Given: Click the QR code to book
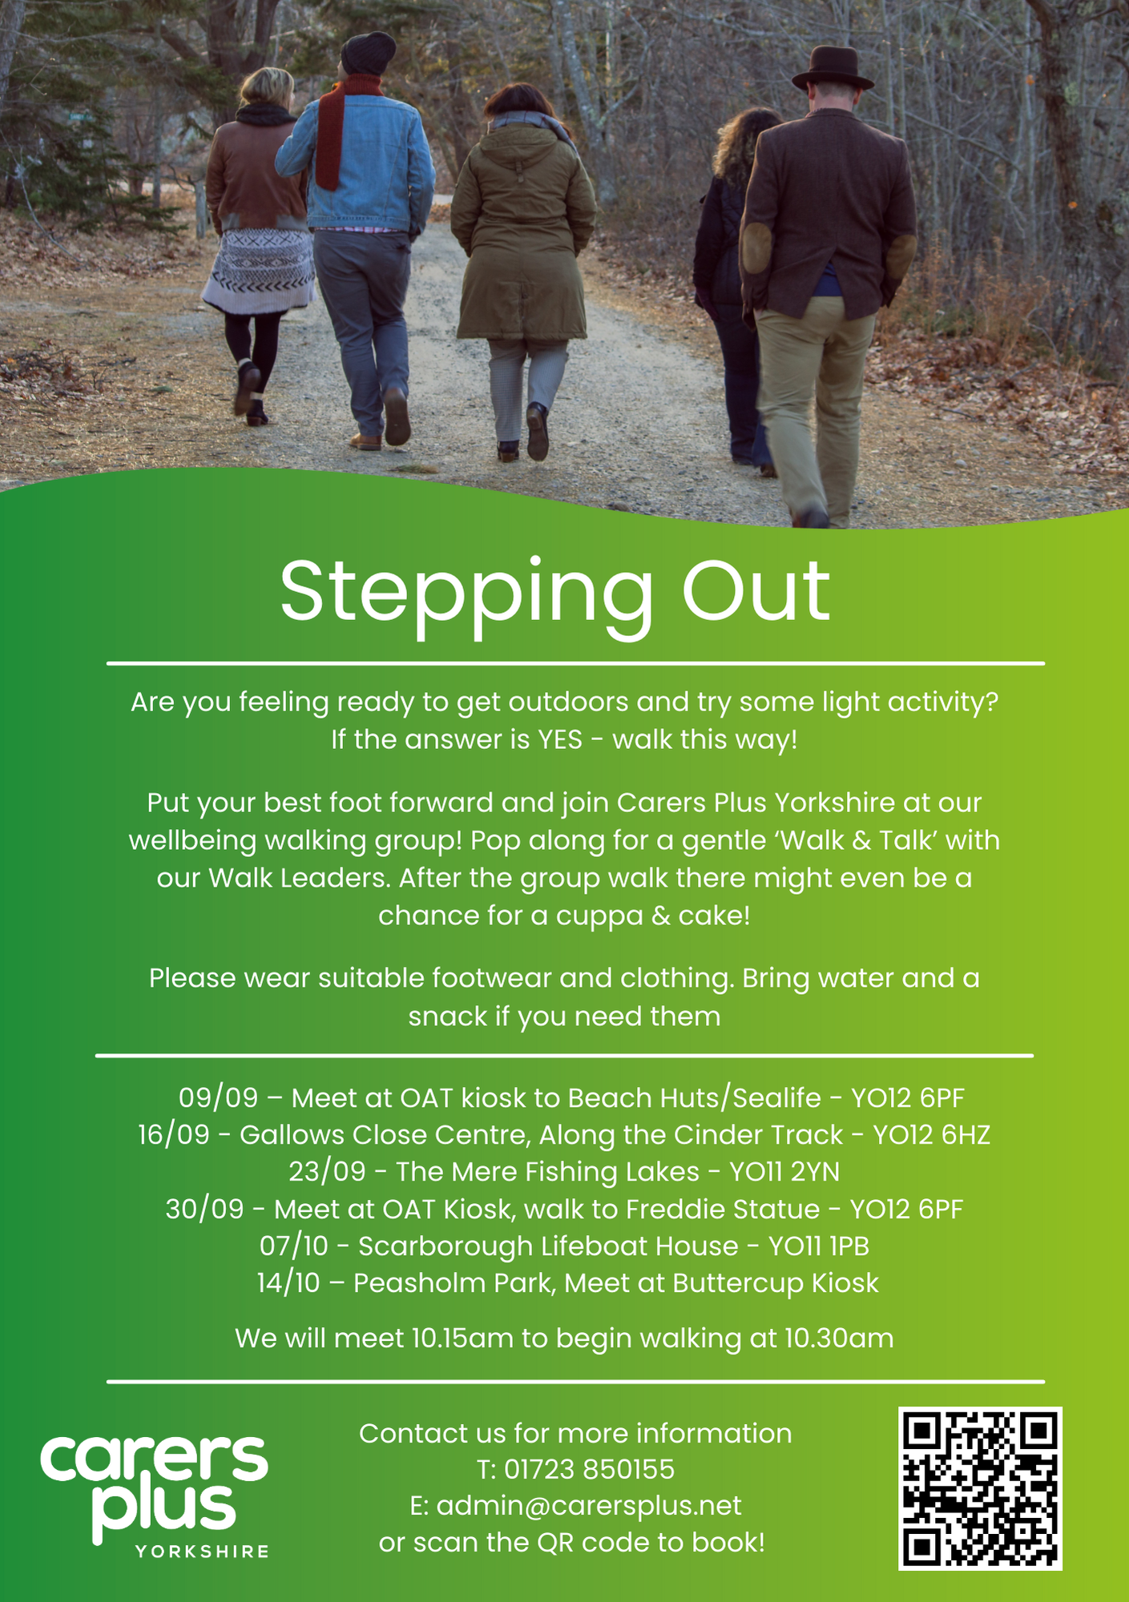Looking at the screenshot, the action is click(980, 1487).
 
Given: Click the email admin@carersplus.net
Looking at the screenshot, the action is click(589, 1506).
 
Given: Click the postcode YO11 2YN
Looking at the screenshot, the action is click(784, 1172).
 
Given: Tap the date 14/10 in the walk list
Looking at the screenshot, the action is click(288, 1283).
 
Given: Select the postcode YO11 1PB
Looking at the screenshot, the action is click(819, 1246).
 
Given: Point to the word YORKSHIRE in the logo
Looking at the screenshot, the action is click(202, 1552).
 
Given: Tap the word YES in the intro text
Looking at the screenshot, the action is click(559, 739).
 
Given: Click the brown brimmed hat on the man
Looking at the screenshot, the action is click(833, 69).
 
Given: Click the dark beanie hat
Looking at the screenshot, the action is click(368, 54).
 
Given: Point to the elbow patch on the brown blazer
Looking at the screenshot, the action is click(756, 248).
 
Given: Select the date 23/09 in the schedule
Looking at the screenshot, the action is click(327, 1172).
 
